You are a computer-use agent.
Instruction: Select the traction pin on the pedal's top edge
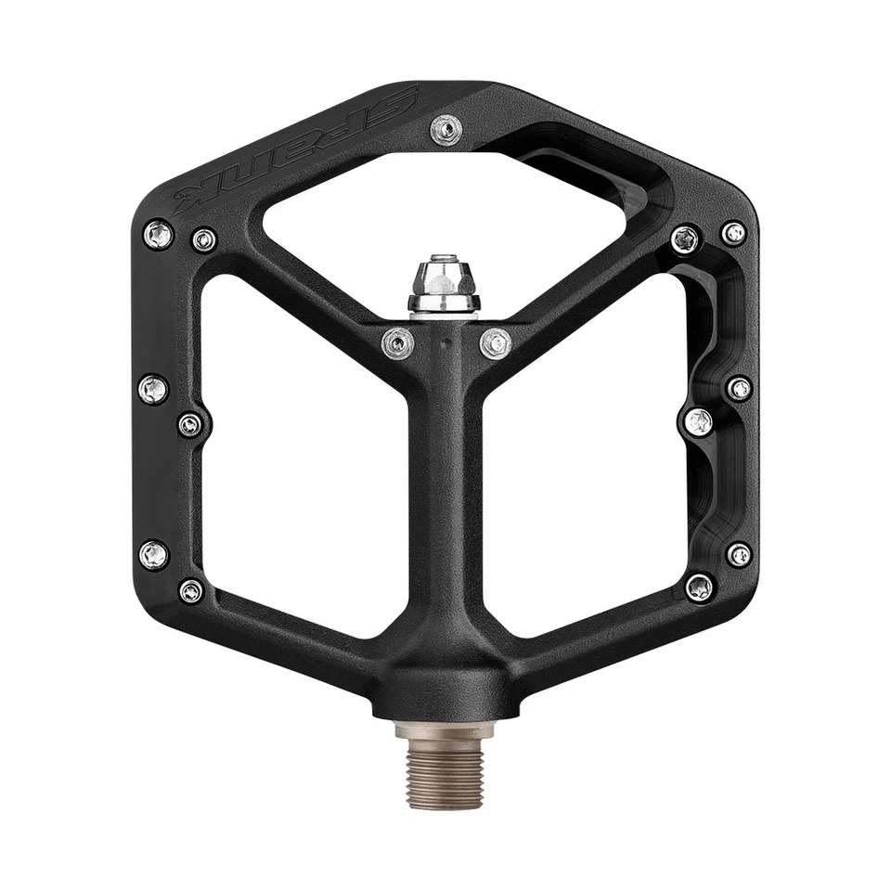[446, 129]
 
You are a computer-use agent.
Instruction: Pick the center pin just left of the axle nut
[398, 343]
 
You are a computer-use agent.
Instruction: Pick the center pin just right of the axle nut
[496, 343]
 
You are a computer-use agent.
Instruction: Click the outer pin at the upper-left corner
[158, 234]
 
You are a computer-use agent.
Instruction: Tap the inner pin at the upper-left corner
[204, 240]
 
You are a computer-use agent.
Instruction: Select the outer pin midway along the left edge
[153, 389]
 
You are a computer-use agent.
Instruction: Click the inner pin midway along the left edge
[191, 425]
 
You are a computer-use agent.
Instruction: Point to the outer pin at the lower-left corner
[154, 555]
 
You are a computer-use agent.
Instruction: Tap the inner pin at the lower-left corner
[191, 590]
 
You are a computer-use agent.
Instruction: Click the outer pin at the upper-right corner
[733, 233]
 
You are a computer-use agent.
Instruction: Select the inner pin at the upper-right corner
[686, 239]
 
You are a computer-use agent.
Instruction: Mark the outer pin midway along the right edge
[739, 389]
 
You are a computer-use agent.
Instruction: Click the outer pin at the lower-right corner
[739, 555]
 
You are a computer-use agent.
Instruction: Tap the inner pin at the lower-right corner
[699, 587]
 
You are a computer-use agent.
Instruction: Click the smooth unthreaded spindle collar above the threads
[445, 730]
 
